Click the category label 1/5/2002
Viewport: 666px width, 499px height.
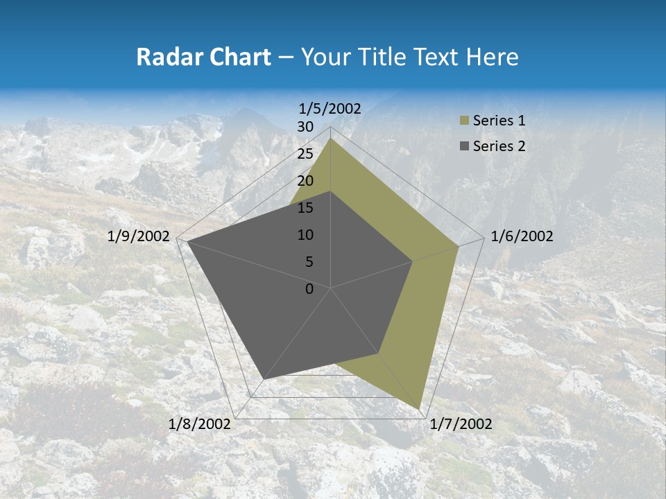point(330,108)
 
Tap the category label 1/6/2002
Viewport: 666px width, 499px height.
point(522,236)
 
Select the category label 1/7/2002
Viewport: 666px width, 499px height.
point(461,424)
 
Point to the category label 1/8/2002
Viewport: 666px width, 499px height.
point(200,424)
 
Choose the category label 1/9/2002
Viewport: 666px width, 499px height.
point(139,236)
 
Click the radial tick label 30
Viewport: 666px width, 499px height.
point(305,127)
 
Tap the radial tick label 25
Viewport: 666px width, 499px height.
point(305,154)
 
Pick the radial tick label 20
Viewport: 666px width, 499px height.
point(305,181)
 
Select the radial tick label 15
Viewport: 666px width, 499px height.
point(305,208)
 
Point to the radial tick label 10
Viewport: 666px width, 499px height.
point(305,235)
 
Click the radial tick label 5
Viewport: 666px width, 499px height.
point(309,262)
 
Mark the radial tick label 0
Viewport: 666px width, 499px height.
point(309,289)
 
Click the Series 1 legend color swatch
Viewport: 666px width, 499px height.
point(464,121)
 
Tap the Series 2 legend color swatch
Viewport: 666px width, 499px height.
point(464,146)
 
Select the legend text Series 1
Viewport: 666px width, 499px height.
point(499,121)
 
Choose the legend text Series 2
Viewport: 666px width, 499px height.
point(499,146)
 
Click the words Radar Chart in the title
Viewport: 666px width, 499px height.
point(203,58)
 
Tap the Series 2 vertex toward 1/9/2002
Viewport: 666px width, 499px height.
point(187,241)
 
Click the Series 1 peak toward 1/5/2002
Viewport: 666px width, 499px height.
point(331,139)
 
